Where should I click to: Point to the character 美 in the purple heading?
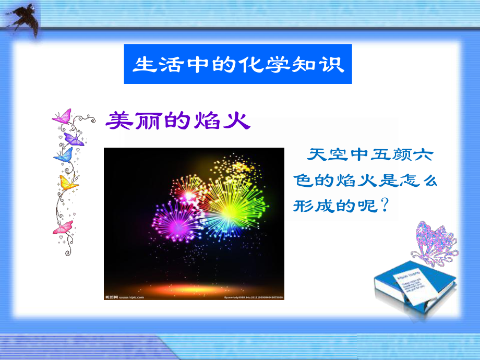click(118, 121)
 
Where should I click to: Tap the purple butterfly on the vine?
click(74, 138)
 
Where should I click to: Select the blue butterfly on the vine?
click(63, 154)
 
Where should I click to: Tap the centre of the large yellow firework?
click(230, 209)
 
